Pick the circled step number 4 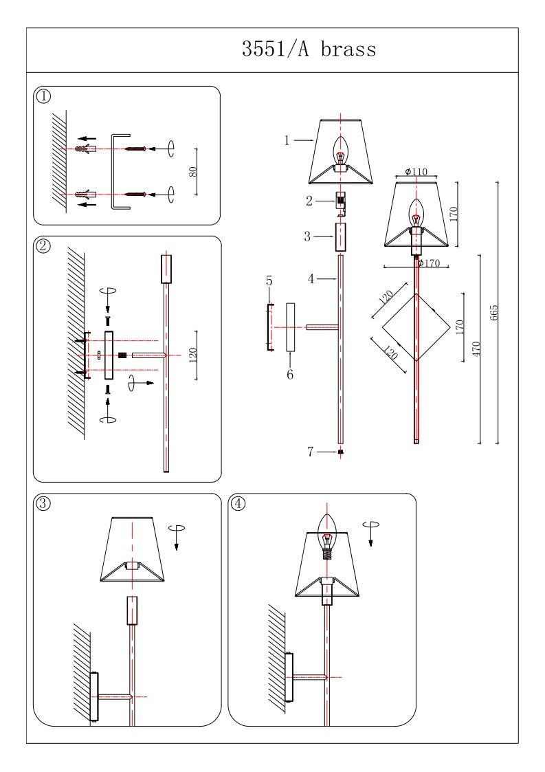pos(238,503)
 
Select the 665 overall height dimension pos(493,313)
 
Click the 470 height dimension pos(476,348)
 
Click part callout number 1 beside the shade pos(287,140)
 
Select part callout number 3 pos(309,236)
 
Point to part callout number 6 pos(289,375)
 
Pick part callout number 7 pos(311,452)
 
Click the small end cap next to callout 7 pos(340,452)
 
